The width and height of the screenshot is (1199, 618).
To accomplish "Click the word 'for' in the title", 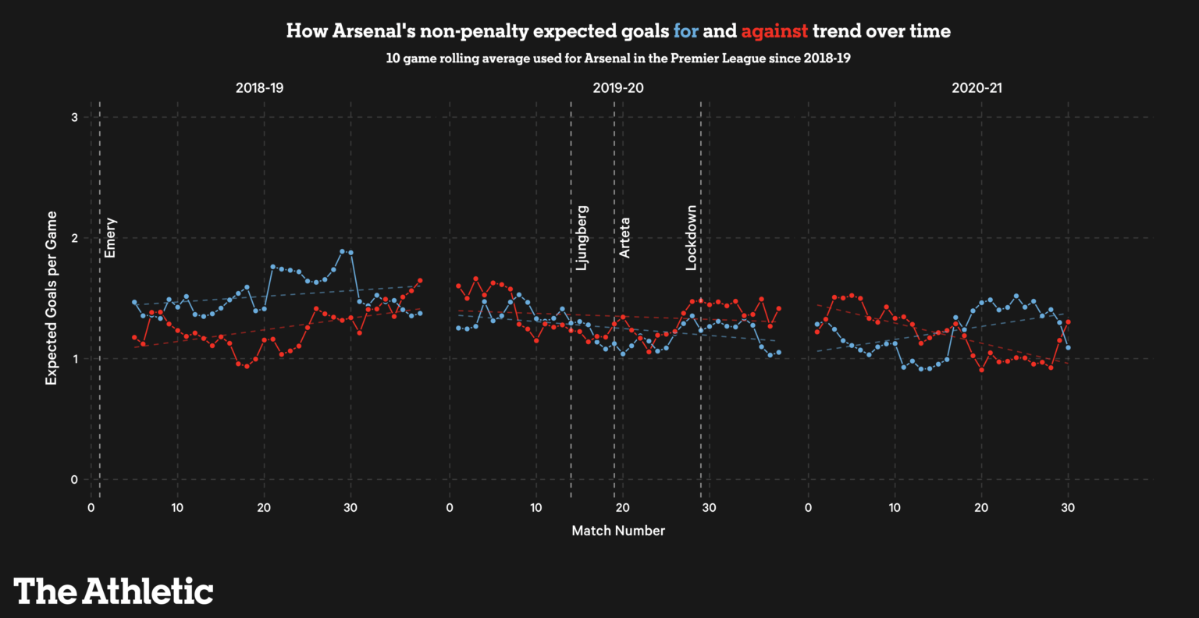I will pyautogui.click(x=685, y=31).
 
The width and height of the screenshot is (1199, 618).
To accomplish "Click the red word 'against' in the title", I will pyautogui.click(x=774, y=31).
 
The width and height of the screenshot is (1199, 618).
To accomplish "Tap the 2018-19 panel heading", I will pyautogui.click(x=259, y=87).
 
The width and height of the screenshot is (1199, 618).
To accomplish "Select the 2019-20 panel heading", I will pyautogui.click(x=618, y=87).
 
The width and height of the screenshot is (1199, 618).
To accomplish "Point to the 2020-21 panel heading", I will pyautogui.click(x=977, y=87).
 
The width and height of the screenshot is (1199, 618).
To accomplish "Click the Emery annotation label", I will pyautogui.click(x=110, y=238).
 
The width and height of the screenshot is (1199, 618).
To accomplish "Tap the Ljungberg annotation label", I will pyautogui.click(x=582, y=238).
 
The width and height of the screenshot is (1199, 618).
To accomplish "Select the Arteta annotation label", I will pyautogui.click(x=624, y=238).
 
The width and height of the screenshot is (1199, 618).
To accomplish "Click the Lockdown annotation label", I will pyautogui.click(x=691, y=238).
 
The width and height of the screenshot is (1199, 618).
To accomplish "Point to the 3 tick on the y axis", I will pyautogui.click(x=74, y=117).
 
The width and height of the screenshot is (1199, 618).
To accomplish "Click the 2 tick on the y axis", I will pyautogui.click(x=74, y=238).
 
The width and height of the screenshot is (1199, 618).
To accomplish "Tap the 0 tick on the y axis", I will pyautogui.click(x=74, y=479).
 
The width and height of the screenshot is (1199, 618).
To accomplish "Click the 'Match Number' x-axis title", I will pyautogui.click(x=618, y=531).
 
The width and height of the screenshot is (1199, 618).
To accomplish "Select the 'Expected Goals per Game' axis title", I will pyautogui.click(x=52, y=298).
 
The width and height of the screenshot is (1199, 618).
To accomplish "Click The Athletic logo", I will pyautogui.click(x=113, y=591).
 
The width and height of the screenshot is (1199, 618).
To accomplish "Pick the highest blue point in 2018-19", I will pyautogui.click(x=342, y=251).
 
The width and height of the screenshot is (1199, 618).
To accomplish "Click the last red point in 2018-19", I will pyautogui.click(x=420, y=280).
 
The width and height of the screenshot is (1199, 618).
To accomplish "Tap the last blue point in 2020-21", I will pyautogui.click(x=1068, y=347).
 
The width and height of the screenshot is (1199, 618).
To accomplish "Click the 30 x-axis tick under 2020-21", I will pyautogui.click(x=1068, y=508).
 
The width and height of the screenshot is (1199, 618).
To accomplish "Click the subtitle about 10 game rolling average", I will pyautogui.click(x=618, y=59).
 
